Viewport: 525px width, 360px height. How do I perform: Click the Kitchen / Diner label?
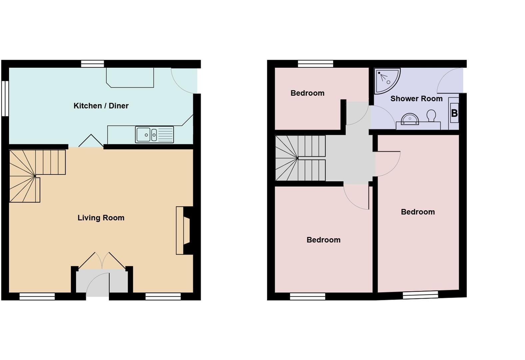click(x=101, y=106)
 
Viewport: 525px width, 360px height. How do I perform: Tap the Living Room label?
click(x=101, y=218)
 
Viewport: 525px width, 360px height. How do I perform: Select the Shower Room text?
click(x=416, y=99)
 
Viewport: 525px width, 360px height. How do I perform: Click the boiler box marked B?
click(x=454, y=113)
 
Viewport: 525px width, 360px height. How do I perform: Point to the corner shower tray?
click(x=386, y=80)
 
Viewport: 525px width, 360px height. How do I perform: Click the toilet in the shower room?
click(x=431, y=116)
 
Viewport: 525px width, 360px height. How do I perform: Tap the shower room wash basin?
click(x=410, y=119)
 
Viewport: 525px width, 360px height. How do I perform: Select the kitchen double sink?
click(x=154, y=134)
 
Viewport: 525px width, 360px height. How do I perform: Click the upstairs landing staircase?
click(x=300, y=158)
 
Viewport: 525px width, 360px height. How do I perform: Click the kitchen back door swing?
click(x=183, y=81)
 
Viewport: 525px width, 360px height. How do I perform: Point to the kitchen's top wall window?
click(x=93, y=64)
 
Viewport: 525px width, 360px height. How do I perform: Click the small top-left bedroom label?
click(x=307, y=93)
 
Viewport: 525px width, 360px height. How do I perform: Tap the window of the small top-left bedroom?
click(x=315, y=64)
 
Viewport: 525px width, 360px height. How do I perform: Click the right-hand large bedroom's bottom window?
click(x=420, y=295)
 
